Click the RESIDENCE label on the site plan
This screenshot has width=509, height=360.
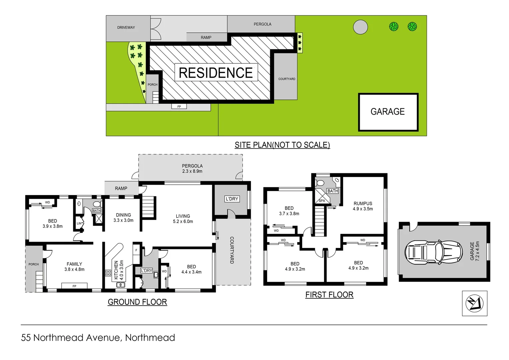pyautogui.click(x=216, y=73)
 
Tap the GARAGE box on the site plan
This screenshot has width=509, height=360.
pyautogui.click(x=388, y=112)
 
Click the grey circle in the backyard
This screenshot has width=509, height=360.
pyautogui.click(x=360, y=27)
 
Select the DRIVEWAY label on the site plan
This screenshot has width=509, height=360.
pyautogui.click(x=126, y=28)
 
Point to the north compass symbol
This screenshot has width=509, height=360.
pyautogui.click(x=474, y=303)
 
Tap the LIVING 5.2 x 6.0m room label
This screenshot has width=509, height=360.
pyautogui.click(x=183, y=219)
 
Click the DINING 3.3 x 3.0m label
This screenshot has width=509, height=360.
pyautogui.click(x=123, y=218)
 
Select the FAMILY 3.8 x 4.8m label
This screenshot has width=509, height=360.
pyautogui.click(x=74, y=267)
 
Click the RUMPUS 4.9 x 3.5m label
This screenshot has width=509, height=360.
pyautogui.click(x=363, y=206)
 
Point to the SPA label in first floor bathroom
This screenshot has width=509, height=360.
pyautogui.click(x=322, y=201)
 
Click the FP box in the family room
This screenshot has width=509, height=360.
pyautogui.click(x=74, y=286)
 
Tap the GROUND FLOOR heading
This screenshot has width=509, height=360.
pyautogui.click(x=137, y=302)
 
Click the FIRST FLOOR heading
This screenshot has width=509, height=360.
pyautogui.click(x=329, y=295)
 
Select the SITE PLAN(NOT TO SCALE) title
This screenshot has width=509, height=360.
pyautogui.click(x=282, y=145)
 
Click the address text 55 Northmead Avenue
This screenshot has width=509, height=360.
pyautogui.click(x=98, y=338)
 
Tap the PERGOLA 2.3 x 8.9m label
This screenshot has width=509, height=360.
pyautogui.click(x=192, y=168)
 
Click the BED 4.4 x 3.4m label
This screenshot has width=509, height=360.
pyautogui.click(x=191, y=269)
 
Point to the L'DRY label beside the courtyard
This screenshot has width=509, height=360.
pyautogui.click(x=232, y=199)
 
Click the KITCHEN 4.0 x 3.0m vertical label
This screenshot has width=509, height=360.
pyautogui.click(x=119, y=270)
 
